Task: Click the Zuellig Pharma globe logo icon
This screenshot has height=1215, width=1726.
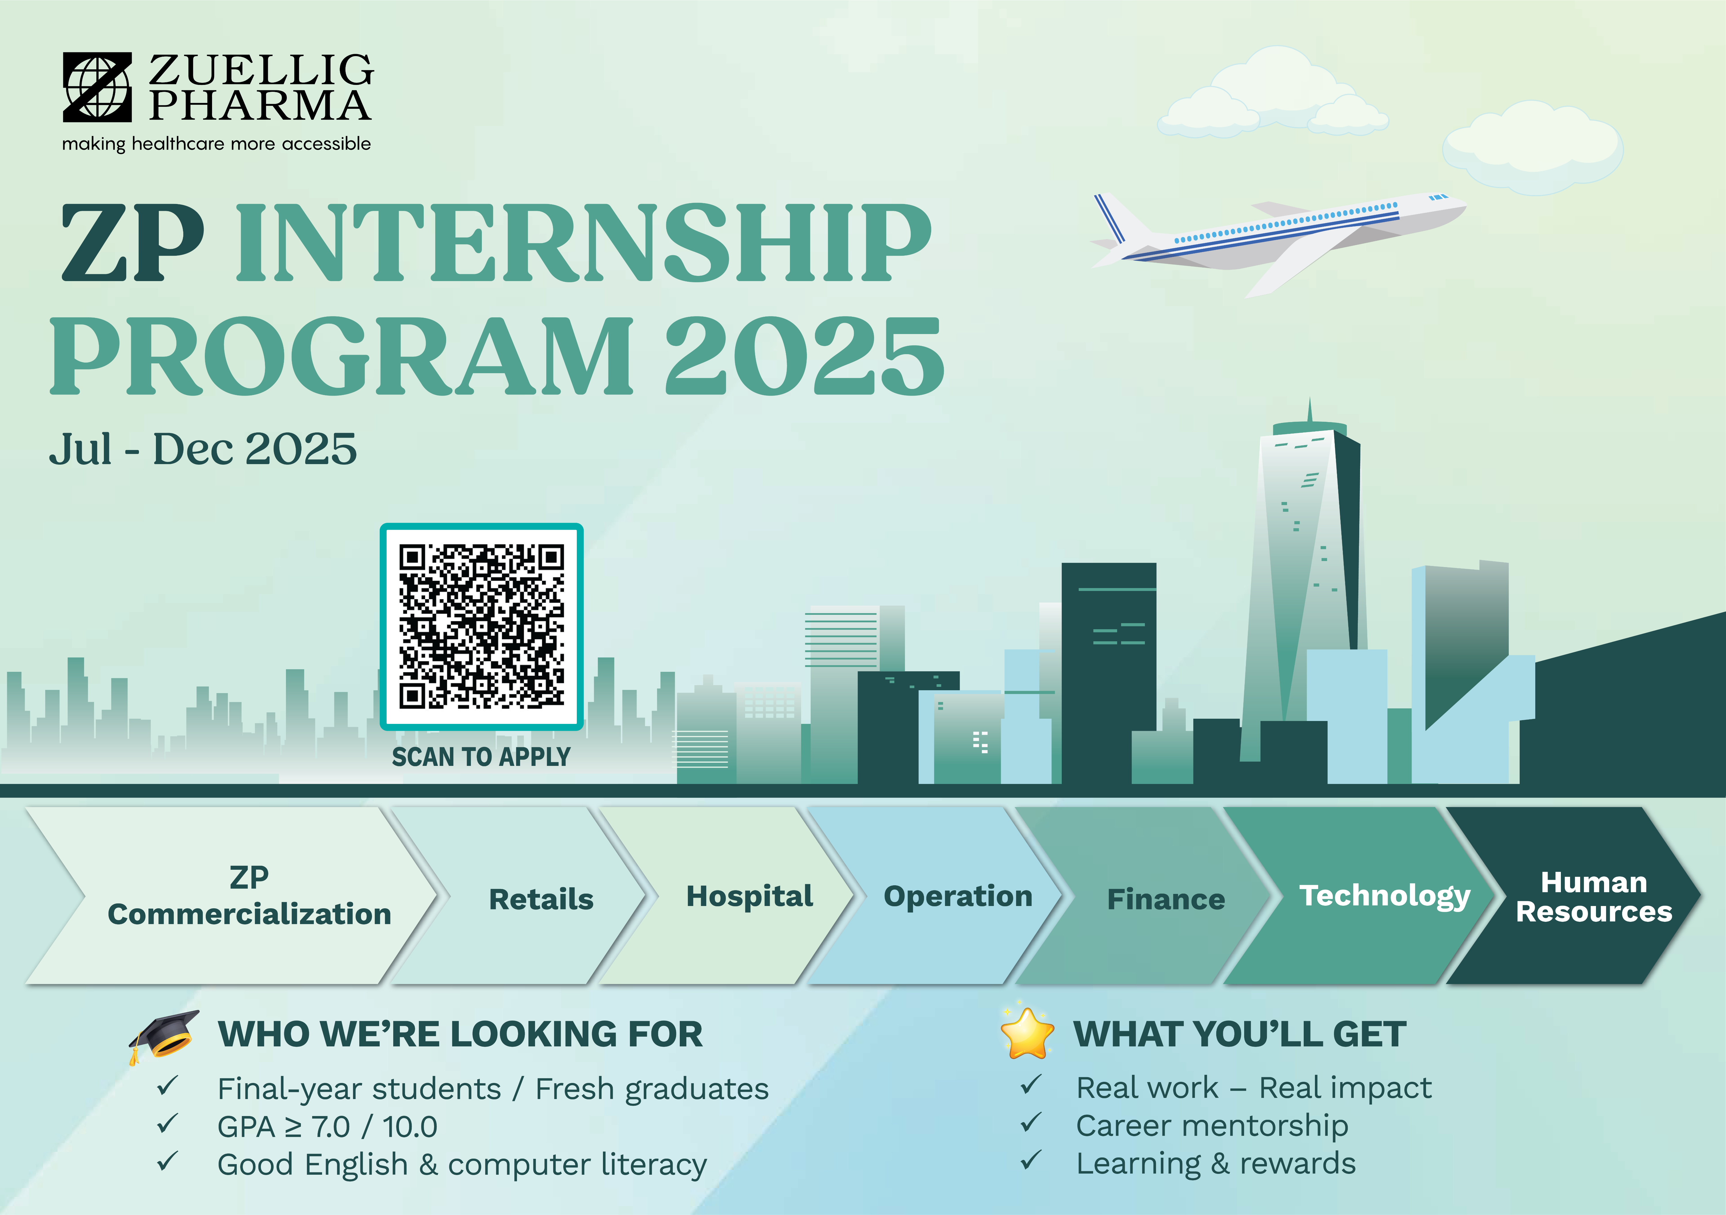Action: point(97,87)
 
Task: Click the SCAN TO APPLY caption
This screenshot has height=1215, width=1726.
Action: point(481,756)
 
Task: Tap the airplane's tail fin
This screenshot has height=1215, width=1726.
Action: point(1113,218)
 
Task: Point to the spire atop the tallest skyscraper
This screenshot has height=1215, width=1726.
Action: point(1309,410)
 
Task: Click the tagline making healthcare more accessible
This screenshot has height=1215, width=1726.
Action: point(217,144)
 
